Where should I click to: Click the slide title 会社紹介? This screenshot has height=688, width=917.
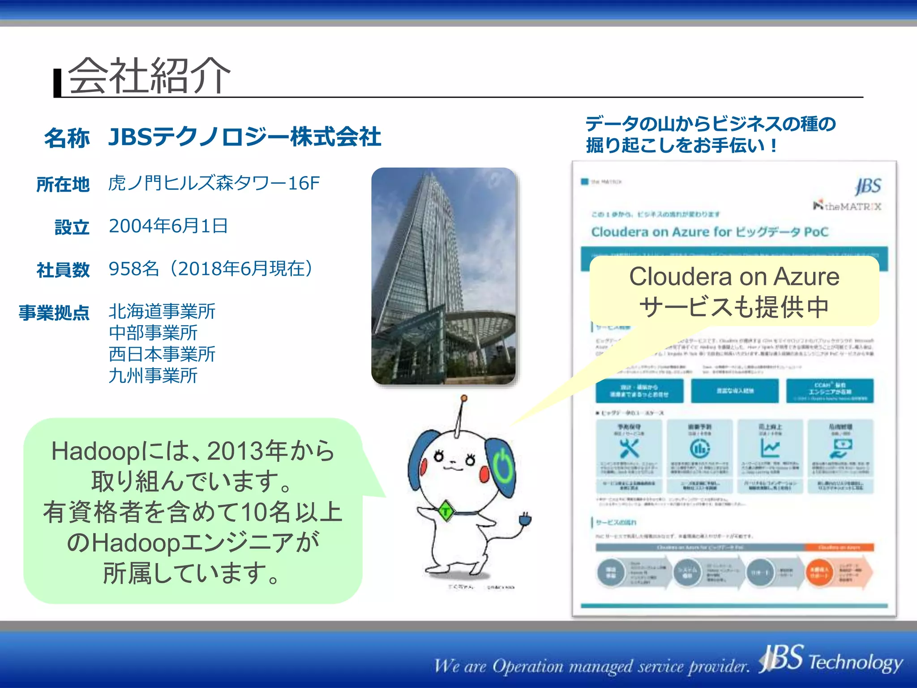149,76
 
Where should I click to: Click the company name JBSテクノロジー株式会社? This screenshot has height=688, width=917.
244,137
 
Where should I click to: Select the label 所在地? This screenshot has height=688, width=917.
63,184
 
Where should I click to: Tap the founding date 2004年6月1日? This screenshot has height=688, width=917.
168,226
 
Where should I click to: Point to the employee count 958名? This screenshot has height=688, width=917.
134,269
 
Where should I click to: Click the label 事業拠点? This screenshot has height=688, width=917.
54,313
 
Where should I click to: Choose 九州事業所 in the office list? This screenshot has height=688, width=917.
153,376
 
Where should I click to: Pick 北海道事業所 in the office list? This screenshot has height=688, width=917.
162,311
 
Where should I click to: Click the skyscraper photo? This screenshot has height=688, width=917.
443,276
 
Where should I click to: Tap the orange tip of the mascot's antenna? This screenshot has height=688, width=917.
464,398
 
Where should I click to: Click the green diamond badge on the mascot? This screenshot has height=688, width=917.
446,511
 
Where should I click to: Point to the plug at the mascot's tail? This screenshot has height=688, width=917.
526,520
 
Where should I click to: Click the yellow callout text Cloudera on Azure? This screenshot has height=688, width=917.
734,276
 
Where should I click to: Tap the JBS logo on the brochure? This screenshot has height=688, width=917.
868,186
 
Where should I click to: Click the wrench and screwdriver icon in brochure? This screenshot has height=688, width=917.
629,448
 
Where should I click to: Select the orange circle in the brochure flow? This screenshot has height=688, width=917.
819,572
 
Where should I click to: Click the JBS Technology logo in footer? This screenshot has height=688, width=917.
831,659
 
